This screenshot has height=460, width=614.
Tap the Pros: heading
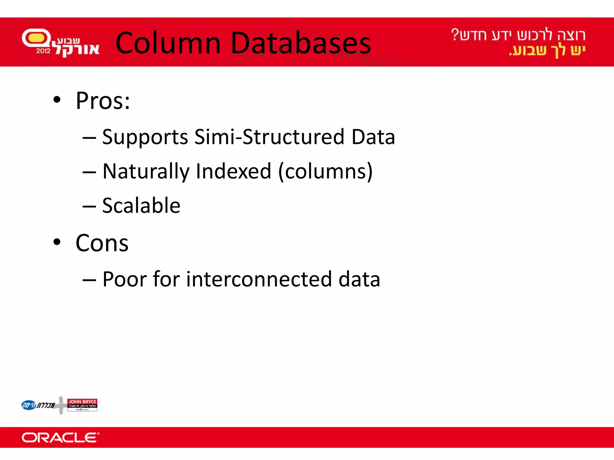tap(103, 101)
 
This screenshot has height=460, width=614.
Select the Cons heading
tap(102, 243)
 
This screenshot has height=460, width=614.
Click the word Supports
tap(145, 137)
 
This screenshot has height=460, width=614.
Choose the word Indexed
tap(234, 171)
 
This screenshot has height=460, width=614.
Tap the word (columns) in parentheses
tap(326, 172)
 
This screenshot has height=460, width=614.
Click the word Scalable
tap(141, 206)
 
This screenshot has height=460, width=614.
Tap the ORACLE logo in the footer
tap(60, 438)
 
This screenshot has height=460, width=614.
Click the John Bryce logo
tap(82, 405)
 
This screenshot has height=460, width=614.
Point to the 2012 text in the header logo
tap(43, 51)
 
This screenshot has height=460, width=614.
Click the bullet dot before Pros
tap(57, 100)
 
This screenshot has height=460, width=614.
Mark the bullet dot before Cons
tap(57, 242)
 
